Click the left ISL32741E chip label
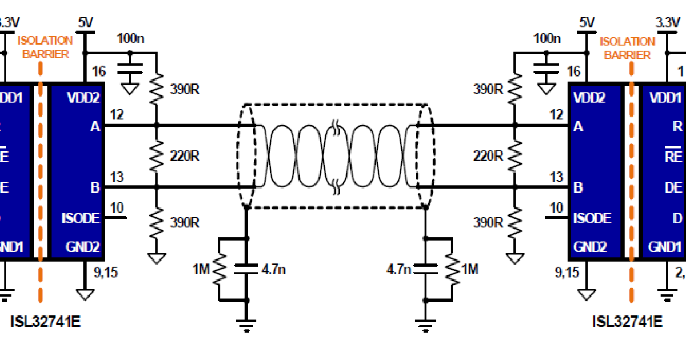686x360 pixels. (46, 322)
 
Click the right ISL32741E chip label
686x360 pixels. (627, 322)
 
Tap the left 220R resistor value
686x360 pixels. (184, 155)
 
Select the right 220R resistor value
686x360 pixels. (489, 155)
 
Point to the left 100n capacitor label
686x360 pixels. (131, 39)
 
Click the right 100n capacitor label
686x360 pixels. (547, 39)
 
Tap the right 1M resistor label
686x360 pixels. (470, 269)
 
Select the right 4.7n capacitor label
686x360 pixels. (398, 269)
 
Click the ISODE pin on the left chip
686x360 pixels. (81, 218)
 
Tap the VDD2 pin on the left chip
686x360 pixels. (83, 98)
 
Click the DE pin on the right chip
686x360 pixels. (673, 187)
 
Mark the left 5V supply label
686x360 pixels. (85, 22)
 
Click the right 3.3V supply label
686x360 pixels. (666, 23)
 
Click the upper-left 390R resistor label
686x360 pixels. (185, 89)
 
